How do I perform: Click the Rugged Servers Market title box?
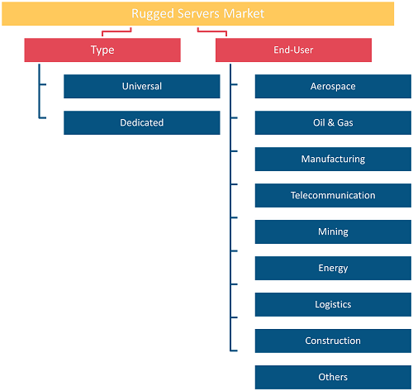tap(197, 13)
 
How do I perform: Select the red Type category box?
tap(102, 50)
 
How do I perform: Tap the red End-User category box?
tap(293, 50)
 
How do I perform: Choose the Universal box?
tap(142, 86)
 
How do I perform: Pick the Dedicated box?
tap(142, 122)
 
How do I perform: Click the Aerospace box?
tap(333, 86)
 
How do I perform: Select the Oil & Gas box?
tap(333, 122)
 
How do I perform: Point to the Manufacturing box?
tap(333, 159)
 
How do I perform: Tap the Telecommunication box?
tap(333, 195)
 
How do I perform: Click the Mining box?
tap(333, 231)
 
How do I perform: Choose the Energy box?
tap(333, 268)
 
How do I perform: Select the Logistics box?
tap(333, 304)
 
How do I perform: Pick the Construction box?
tap(333, 341)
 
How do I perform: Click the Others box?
tap(333, 377)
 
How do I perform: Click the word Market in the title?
tap(244, 13)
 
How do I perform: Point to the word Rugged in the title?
tap(153, 14)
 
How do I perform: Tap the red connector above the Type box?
tap(116, 31)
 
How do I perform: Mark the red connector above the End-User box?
tap(212, 31)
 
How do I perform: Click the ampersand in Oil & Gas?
tap(331, 122)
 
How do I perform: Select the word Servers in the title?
tap(199, 13)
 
